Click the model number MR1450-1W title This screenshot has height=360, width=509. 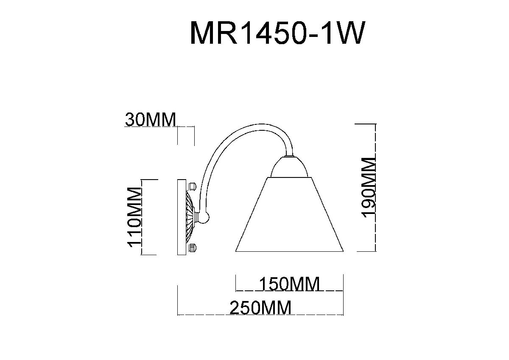(276, 33)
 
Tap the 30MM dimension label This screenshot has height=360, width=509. (150, 120)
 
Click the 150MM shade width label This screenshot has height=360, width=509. (289, 284)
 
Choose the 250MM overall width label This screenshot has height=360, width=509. (260, 308)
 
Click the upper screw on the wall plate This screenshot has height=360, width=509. (191, 186)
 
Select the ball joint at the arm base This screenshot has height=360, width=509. (204, 217)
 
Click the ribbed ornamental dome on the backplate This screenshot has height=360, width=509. (191, 217)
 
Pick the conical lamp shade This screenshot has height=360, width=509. (288, 217)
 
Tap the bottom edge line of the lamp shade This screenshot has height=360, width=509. (288, 252)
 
